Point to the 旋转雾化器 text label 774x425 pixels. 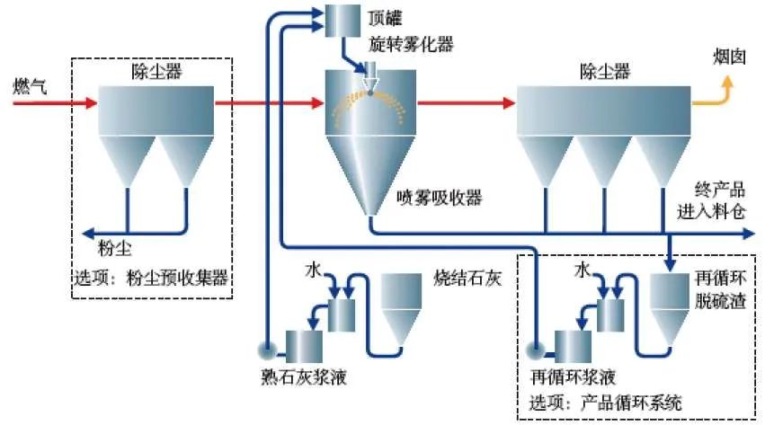point(404,42)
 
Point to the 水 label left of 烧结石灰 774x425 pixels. point(312,268)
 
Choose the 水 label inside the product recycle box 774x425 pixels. point(583,269)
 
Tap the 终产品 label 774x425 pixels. point(717,190)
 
